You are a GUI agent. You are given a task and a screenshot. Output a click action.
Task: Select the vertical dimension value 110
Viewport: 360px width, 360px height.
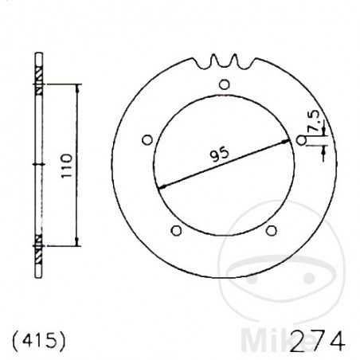coord(67,164)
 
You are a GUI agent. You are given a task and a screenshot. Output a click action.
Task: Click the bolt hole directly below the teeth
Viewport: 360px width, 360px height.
coord(225,85)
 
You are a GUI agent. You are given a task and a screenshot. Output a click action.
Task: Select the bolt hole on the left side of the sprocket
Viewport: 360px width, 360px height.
coord(146,140)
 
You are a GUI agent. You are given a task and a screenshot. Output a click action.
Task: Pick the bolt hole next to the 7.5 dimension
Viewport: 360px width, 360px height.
coord(300,141)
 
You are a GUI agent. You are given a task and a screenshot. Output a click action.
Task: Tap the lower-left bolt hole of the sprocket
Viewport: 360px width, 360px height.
coord(177,230)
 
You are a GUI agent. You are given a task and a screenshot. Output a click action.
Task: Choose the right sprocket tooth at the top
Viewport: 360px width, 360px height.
coord(235,59)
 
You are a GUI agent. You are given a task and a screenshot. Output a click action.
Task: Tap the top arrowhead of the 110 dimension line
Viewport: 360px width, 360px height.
coord(76,86)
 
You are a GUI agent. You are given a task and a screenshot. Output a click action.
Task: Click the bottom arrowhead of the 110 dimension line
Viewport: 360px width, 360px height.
coord(76,242)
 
